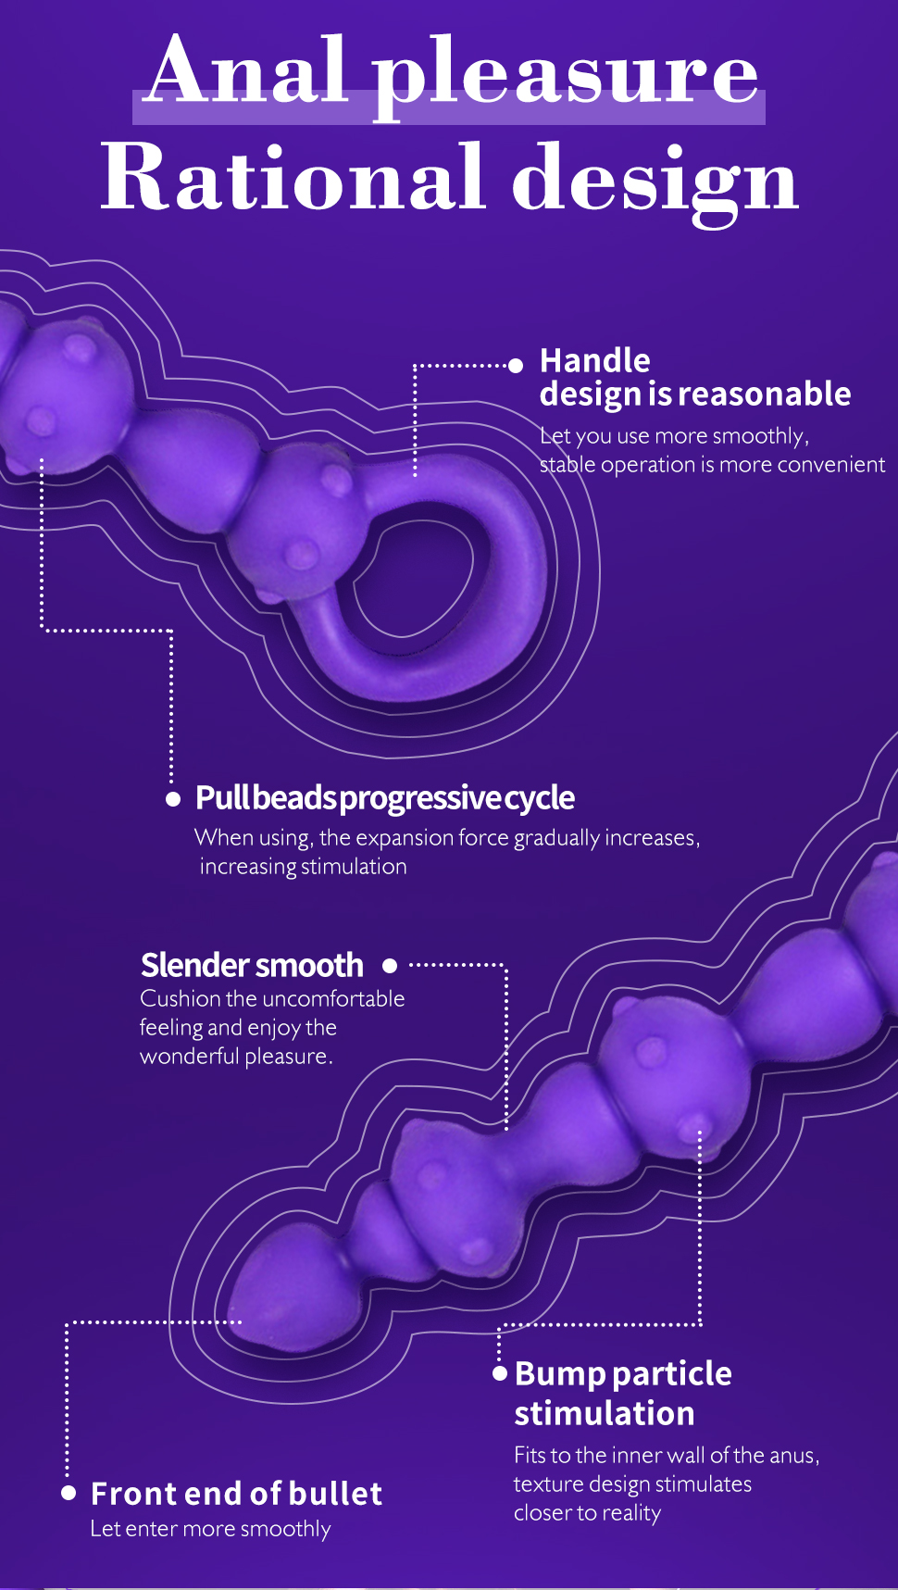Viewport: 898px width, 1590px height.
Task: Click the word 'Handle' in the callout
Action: (595, 360)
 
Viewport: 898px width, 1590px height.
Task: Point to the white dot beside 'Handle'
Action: (516, 366)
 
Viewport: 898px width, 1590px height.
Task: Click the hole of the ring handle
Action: (417, 578)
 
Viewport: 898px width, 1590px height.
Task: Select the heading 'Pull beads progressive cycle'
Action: (385, 798)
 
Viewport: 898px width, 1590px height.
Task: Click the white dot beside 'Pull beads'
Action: (173, 799)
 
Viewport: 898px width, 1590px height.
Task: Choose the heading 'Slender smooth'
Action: (252, 965)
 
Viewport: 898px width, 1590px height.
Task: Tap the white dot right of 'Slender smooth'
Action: (390, 966)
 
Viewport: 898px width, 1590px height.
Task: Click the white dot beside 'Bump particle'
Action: (500, 1373)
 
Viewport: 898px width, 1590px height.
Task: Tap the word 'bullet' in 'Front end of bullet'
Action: (335, 1494)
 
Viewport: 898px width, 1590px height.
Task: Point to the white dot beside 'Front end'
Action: (69, 1493)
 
